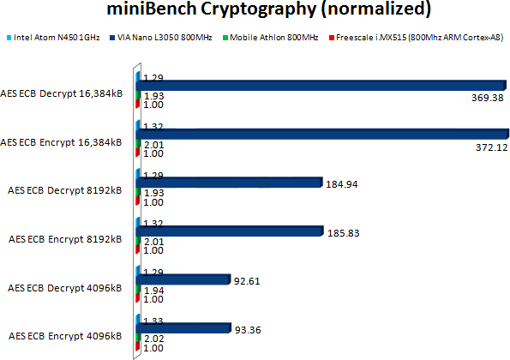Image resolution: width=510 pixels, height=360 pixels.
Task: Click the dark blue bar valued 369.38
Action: pyautogui.click(x=322, y=85)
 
